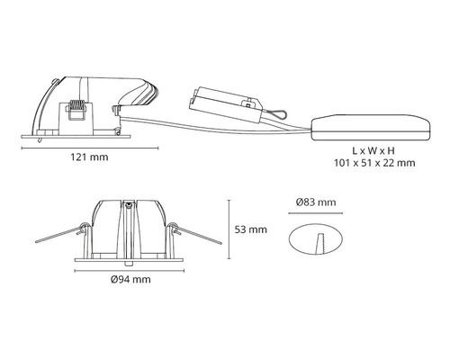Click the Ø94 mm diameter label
click(130, 280)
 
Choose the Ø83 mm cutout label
click(315, 202)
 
